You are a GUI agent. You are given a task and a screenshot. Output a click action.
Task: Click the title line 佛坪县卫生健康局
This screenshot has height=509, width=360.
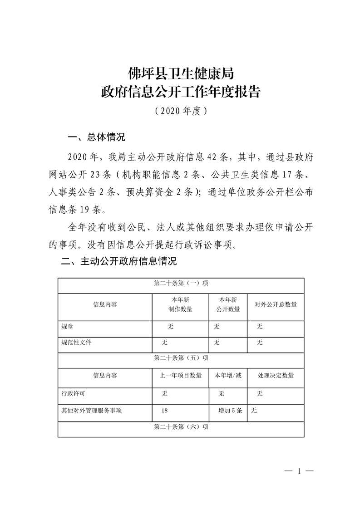[181, 73]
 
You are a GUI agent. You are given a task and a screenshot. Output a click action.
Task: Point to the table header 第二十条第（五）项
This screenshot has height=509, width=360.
[181, 358]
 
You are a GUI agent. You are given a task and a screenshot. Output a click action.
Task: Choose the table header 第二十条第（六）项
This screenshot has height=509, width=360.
[181, 427]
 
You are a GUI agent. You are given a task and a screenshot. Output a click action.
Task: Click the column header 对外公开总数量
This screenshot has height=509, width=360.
[275, 304]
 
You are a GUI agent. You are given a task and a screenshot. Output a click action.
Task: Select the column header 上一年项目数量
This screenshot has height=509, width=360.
[180, 375]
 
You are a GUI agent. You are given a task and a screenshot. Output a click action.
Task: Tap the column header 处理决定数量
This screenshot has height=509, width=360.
[275, 375]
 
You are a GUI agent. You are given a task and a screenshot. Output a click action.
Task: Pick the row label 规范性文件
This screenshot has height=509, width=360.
[76, 342]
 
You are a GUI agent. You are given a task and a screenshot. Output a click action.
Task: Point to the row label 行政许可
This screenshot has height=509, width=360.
[74, 393]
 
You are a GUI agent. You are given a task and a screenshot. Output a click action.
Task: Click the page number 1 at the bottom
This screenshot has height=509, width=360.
[299, 471]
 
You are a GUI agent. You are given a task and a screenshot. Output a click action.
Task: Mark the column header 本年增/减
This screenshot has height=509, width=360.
[228, 375]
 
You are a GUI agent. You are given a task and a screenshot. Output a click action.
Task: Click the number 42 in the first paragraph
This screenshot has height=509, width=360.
[212, 157]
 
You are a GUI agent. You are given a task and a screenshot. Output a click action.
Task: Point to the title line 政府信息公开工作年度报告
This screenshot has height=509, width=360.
[181, 92]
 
